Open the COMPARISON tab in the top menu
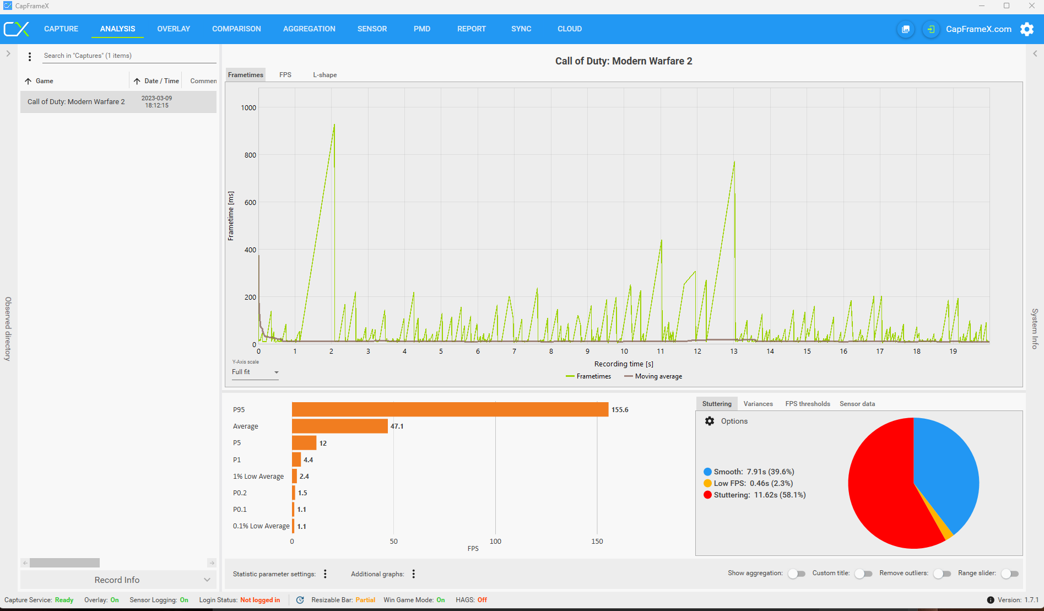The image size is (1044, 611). pos(236,29)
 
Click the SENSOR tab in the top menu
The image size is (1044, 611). pos(372,29)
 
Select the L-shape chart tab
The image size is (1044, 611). pos(324,75)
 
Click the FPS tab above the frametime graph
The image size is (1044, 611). pos(285,75)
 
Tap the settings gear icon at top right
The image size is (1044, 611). pos(1027,29)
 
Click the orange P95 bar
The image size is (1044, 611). pos(450,409)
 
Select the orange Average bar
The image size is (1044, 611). pos(339,426)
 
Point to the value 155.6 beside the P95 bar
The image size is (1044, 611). pos(620,410)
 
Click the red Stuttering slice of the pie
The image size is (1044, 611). pos(881,496)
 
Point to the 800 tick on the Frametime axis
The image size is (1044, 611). pos(250,155)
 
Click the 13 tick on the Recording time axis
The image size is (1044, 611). pos(734,352)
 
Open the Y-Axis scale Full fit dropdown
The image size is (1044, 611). pos(255,372)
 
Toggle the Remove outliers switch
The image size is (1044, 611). pos(942,574)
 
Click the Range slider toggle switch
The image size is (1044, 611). pos(1009,574)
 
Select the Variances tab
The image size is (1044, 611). pos(758,404)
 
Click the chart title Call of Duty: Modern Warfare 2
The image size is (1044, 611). pos(624,61)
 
